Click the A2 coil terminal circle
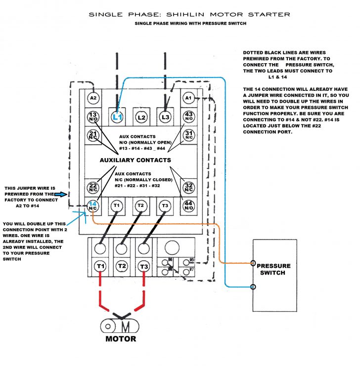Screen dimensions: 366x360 [x=93, y=98]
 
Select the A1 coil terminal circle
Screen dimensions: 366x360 [x=188, y=98]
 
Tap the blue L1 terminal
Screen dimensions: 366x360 [x=117, y=118]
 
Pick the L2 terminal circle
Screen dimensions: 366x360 [x=141, y=118]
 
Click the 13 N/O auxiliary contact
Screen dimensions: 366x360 [x=93, y=117]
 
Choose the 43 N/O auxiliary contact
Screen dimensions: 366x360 [x=188, y=117]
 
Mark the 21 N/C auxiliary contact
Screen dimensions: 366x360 [x=93, y=135]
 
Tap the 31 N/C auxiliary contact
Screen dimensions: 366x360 [x=188, y=135]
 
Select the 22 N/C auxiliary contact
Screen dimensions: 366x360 [x=93, y=187]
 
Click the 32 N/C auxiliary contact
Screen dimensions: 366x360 [x=188, y=187]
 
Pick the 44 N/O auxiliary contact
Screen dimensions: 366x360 [x=188, y=205]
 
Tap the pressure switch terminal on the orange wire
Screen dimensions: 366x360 [x=253, y=263]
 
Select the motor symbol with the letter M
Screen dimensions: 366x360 [x=120, y=326]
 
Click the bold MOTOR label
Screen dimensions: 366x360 [x=121, y=339]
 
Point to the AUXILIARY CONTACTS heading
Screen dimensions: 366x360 [x=135, y=160]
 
